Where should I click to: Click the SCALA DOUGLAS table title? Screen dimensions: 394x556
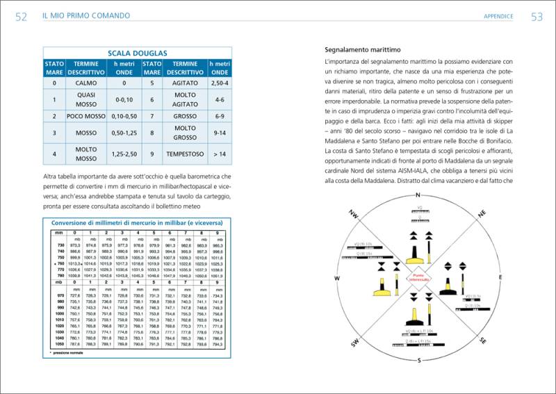[x=137, y=53]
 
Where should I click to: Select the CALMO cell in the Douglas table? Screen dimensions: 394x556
[x=86, y=83]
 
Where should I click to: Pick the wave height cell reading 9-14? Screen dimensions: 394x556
[x=220, y=131]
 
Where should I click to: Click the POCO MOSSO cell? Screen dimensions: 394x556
[x=86, y=115]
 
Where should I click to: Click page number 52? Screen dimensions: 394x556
[x=21, y=16]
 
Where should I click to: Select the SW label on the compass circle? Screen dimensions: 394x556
[x=354, y=342]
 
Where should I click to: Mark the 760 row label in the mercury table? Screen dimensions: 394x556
[x=60, y=264]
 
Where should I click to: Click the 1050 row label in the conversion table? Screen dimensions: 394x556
[x=59, y=343]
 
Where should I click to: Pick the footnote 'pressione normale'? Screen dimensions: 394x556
[x=70, y=354]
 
